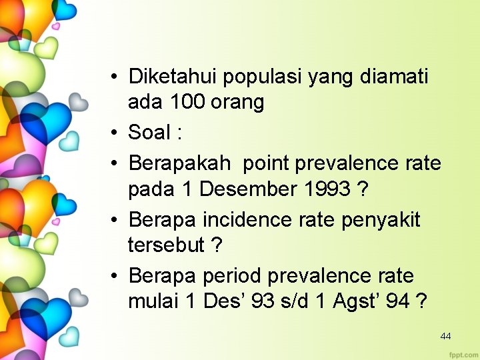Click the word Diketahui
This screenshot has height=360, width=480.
click(173, 77)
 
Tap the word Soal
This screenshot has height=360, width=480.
click(149, 132)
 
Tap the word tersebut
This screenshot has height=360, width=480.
click(166, 245)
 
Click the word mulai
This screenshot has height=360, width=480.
click(154, 301)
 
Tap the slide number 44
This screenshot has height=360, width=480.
click(445, 336)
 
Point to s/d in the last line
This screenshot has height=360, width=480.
click(295, 301)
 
